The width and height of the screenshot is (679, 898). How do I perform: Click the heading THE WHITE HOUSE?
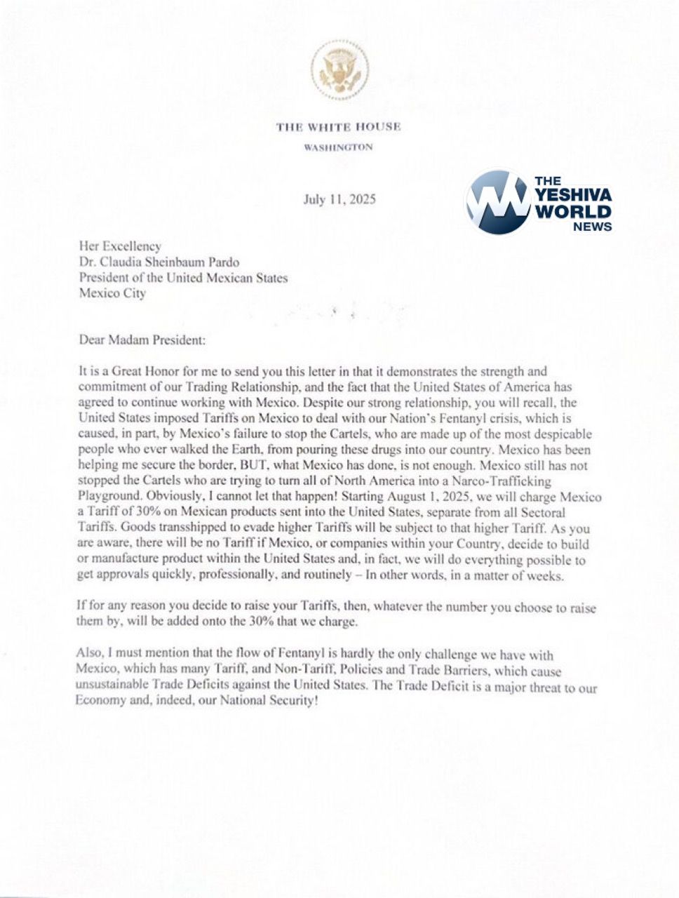pos(339,127)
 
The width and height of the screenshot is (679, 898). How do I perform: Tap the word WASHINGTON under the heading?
pos(338,147)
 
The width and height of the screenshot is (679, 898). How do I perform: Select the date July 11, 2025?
pos(339,199)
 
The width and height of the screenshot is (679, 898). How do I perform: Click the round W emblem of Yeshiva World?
pos(497,201)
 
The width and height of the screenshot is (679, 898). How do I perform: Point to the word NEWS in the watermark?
pos(592,227)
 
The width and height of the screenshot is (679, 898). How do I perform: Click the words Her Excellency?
pos(120,246)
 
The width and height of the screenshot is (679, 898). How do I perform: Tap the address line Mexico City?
pos(112,293)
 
